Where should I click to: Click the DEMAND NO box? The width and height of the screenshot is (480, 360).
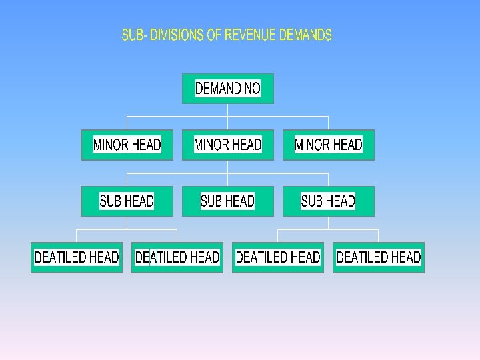tap(228, 89)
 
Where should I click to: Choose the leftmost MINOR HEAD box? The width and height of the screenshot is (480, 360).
tap(127, 145)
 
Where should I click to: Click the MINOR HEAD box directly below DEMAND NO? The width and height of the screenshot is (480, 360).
tap(228, 145)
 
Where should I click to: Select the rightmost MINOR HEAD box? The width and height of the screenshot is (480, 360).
tap(329, 145)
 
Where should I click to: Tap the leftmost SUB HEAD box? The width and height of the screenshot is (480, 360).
tap(127, 201)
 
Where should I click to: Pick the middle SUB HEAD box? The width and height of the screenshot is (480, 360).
tap(228, 201)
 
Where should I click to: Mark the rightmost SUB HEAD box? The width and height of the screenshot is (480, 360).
tap(329, 201)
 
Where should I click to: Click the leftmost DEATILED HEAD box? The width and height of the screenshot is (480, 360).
tap(77, 257)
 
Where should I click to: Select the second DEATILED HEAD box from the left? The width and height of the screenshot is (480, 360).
tap(177, 257)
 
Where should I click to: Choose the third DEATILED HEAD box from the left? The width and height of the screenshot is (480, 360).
tap(278, 257)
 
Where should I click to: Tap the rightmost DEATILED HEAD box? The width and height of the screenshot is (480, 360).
tap(379, 257)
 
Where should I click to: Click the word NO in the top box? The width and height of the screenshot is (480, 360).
tap(252, 88)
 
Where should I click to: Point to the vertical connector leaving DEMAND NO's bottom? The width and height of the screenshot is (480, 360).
tap(228, 110)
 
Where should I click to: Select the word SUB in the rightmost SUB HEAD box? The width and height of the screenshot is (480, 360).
tap(313, 201)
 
